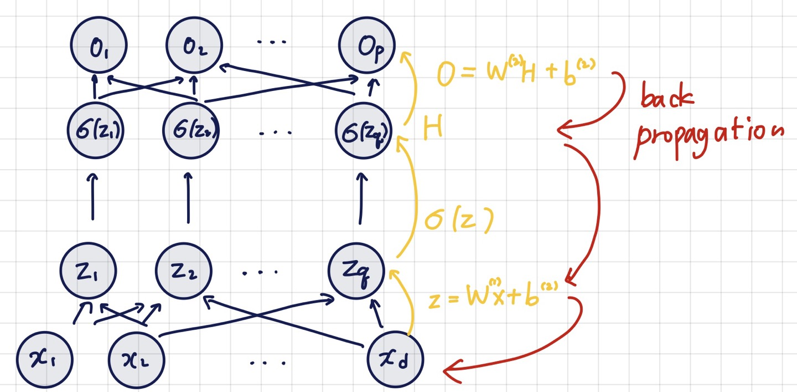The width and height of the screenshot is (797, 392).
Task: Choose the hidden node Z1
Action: click(89, 272)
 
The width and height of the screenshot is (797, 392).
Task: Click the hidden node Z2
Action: click(184, 272)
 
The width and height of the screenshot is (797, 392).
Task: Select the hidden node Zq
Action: click(356, 272)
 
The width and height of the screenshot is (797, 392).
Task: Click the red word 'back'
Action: click(666, 100)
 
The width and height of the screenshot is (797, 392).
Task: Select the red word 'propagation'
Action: click(708, 136)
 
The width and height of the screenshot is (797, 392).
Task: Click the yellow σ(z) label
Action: click(458, 221)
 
